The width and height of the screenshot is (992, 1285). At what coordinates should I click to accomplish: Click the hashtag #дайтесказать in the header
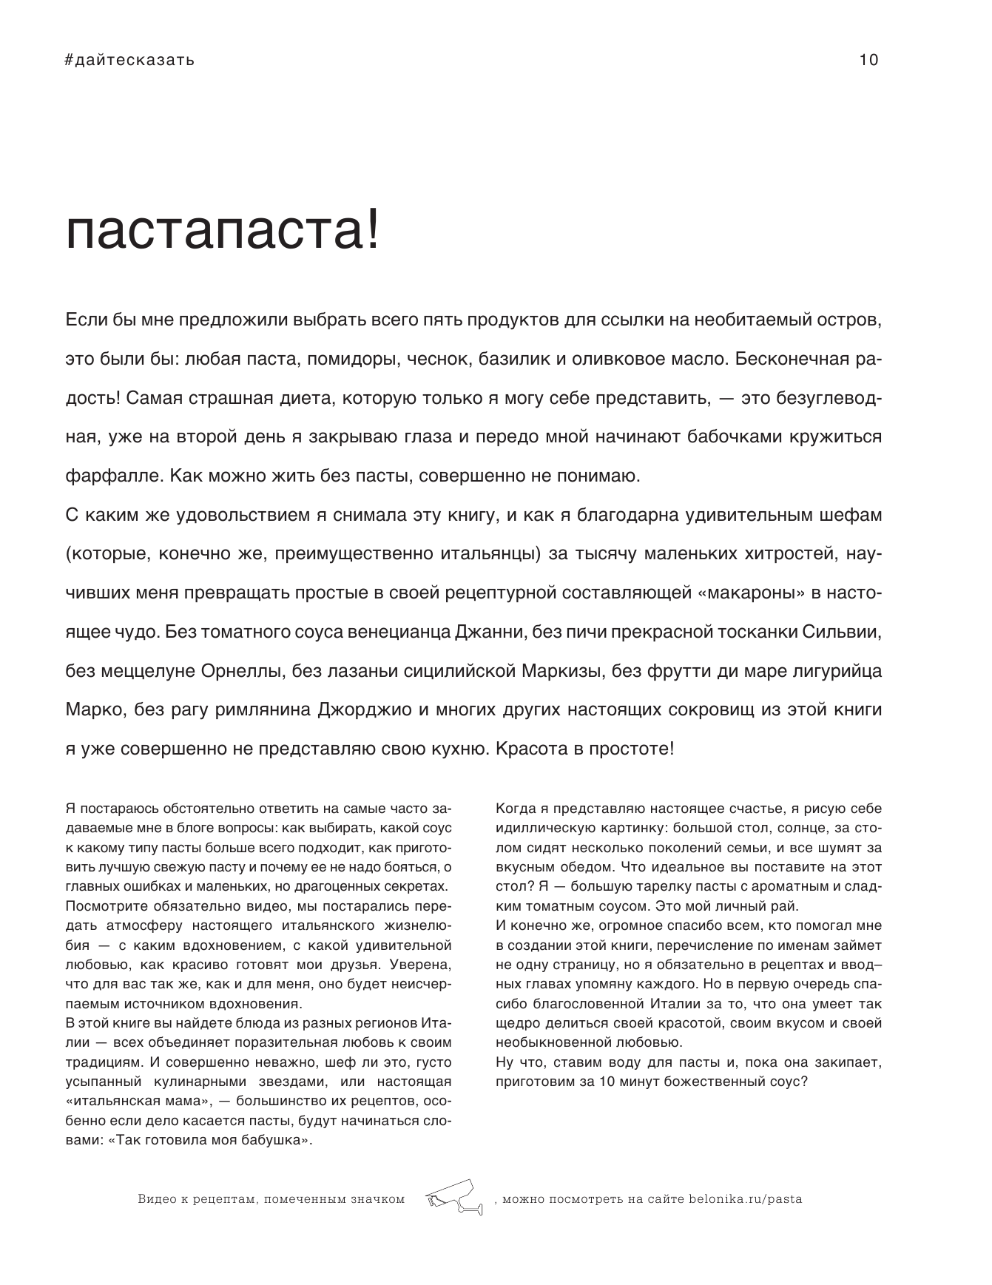point(130,61)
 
